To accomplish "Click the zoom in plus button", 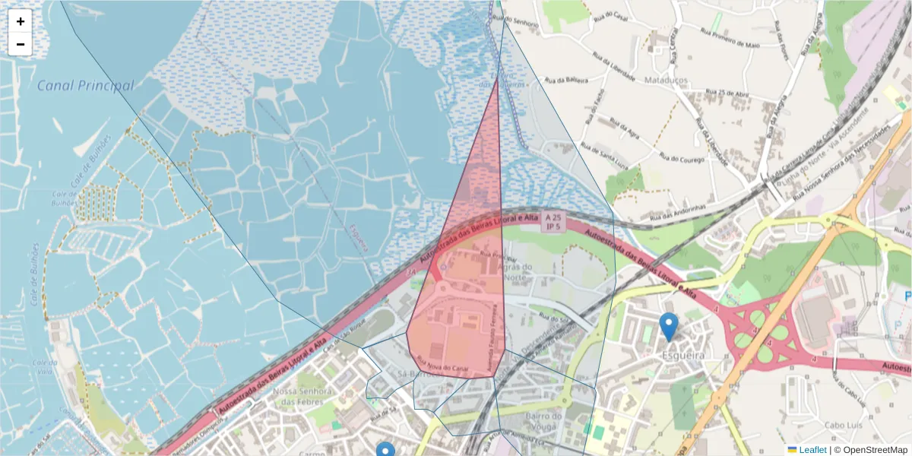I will coord(21,21).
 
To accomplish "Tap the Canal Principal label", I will coord(85,86).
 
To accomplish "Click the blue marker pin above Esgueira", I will coord(669,326).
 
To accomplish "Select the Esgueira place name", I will coord(682,355).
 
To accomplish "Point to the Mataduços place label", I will coord(665,79).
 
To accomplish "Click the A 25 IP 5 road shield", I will coord(553,222).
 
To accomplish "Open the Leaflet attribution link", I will coord(812,450).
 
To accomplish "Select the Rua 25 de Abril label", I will coord(728,93).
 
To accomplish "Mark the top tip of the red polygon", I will coord(498,78).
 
